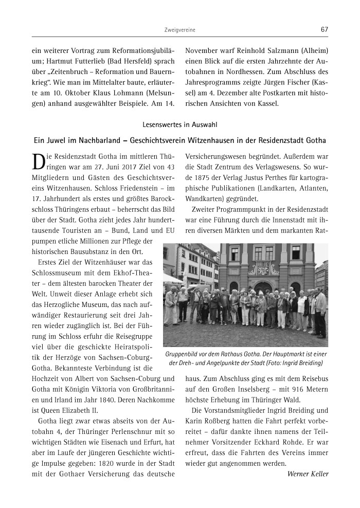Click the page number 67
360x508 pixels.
point(324,29)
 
